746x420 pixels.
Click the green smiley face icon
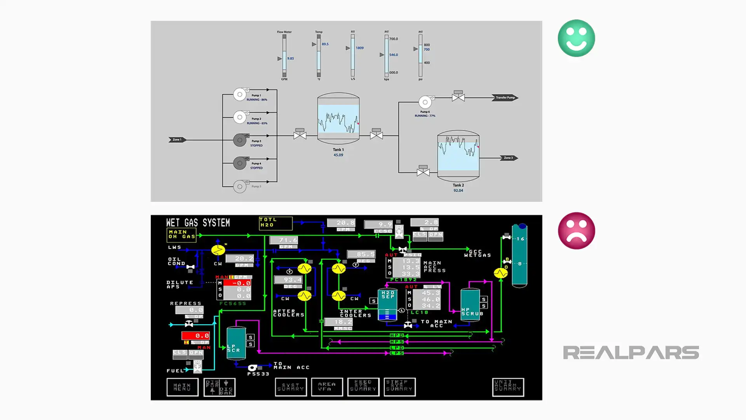coord(576,38)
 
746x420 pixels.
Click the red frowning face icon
coord(576,231)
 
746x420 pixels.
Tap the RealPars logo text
coord(631,353)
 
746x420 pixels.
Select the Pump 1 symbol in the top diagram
coord(240,94)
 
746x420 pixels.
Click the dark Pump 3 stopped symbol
coord(240,140)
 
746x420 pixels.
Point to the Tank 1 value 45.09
coord(338,155)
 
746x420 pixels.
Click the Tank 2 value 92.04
coord(458,191)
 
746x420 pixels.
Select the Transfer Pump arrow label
coord(505,98)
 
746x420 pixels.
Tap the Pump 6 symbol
coord(425,102)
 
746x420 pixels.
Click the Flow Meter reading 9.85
coord(291,59)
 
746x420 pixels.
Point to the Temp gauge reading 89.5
coord(325,44)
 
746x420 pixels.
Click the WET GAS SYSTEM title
coord(198,223)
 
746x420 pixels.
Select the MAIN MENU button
coord(182,387)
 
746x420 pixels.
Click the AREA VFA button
coord(327,387)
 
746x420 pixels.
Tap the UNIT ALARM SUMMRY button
coord(508,387)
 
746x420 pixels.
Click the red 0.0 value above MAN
coord(196,336)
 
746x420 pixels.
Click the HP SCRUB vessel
coord(470,304)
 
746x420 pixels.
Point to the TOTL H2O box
coord(275,223)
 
